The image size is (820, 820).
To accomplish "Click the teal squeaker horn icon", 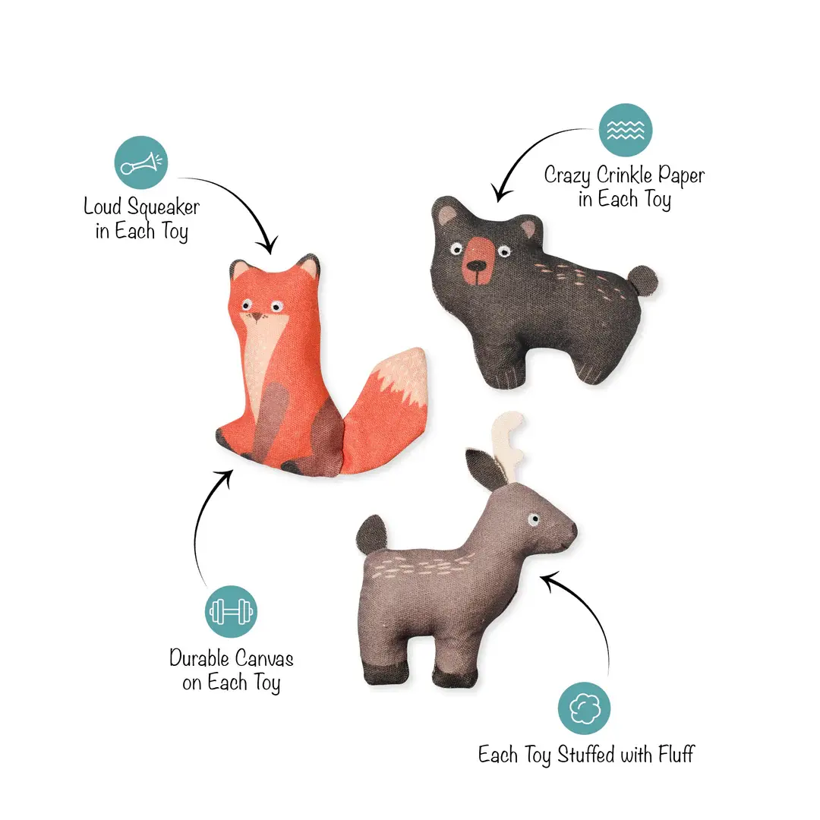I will point(140,162).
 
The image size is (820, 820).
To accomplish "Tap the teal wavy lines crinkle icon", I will point(626,130).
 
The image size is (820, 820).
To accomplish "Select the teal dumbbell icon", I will point(232,610).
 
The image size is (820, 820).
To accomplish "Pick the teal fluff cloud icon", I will point(584,708).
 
